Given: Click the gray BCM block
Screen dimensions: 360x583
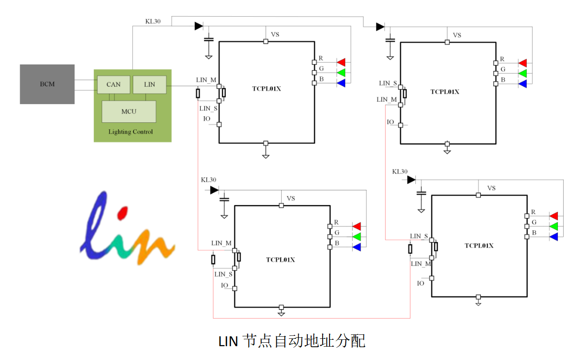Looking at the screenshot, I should [x=47, y=84].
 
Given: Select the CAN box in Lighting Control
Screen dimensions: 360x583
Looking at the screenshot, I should [x=113, y=84].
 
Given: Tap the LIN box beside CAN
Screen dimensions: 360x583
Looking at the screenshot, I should [x=149, y=84].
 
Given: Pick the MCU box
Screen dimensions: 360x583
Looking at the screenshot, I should [x=129, y=111].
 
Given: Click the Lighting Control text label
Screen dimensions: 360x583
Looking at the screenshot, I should [x=131, y=132].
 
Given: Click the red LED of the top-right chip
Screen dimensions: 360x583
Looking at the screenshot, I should [x=522, y=63].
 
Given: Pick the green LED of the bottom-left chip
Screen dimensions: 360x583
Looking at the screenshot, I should [x=356, y=237].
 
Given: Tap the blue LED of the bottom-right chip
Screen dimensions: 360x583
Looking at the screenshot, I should [x=553, y=237].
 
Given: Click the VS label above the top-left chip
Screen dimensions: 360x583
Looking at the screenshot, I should [x=275, y=35].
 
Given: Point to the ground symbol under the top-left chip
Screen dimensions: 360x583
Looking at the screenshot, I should [x=266, y=155].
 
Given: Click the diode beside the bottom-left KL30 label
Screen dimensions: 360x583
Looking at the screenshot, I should [x=214, y=190].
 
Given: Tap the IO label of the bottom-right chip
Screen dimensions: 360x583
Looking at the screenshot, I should [x=420, y=283].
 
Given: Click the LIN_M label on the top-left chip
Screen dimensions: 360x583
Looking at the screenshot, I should [x=206, y=79].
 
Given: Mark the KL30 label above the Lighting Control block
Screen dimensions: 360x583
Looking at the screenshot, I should [x=152, y=21].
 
